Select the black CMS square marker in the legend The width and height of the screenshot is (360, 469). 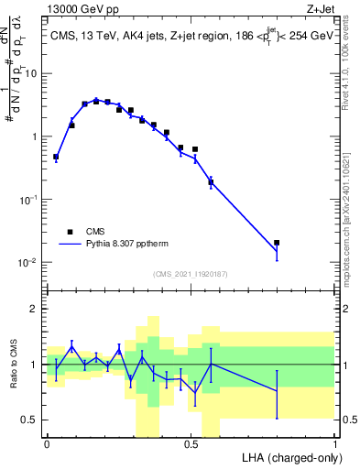click(69, 232)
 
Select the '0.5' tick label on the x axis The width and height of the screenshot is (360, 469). click(191, 443)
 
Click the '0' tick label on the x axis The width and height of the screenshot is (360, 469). click(47, 443)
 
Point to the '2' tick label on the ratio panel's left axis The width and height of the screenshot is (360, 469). click(37, 309)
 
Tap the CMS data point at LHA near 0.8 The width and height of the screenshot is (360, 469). click(277, 243)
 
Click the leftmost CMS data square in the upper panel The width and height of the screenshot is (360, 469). click(56, 157)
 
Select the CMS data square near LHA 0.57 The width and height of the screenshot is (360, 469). click(211, 182)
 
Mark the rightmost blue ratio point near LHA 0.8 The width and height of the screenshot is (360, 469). click(277, 391)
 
